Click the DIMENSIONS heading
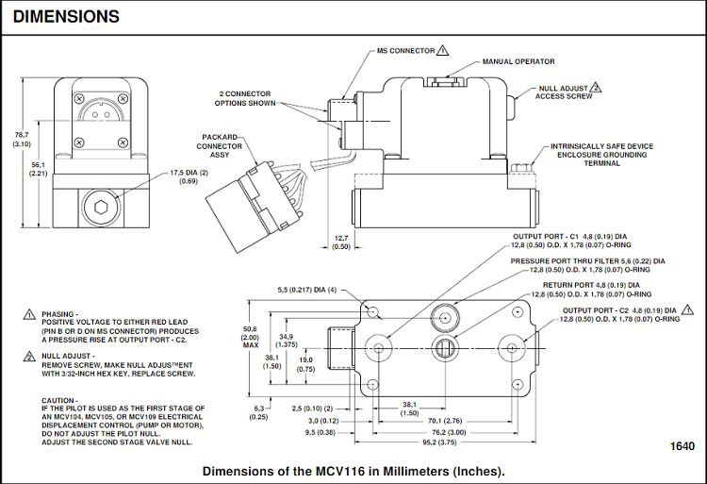pos(66,16)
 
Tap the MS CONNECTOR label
pos(406,50)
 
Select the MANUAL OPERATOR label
pos(518,61)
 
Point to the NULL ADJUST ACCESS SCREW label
pos(565,92)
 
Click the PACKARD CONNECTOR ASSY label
pos(219,146)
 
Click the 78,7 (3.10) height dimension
pos(22,140)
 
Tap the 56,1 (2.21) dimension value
pos(39,168)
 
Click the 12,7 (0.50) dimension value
pos(341,242)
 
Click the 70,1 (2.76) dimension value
pos(445,421)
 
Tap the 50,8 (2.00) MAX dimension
pos(249,337)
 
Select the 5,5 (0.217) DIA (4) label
pos(306,289)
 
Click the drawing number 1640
pos(682,446)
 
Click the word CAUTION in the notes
pos(59,400)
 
